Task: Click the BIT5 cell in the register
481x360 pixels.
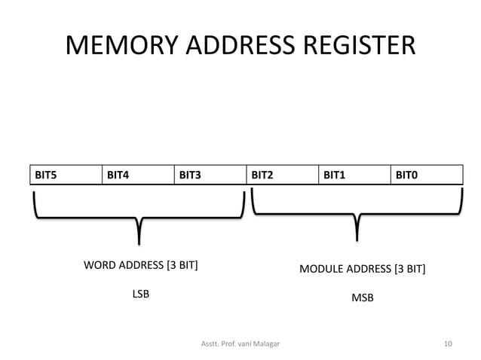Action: click(x=64, y=175)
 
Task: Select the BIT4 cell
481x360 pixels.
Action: click(x=137, y=175)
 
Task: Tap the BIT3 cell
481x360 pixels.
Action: click(x=210, y=175)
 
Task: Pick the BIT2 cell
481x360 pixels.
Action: click(x=282, y=175)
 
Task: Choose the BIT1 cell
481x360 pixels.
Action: click(x=354, y=175)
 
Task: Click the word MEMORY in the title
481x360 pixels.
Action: click(x=122, y=45)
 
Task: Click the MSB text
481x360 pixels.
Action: click(x=363, y=298)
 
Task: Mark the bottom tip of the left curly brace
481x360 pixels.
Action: click(x=139, y=242)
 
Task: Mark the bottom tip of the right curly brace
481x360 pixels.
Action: click(x=357, y=239)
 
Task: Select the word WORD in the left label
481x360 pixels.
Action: click(x=98, y=265)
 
